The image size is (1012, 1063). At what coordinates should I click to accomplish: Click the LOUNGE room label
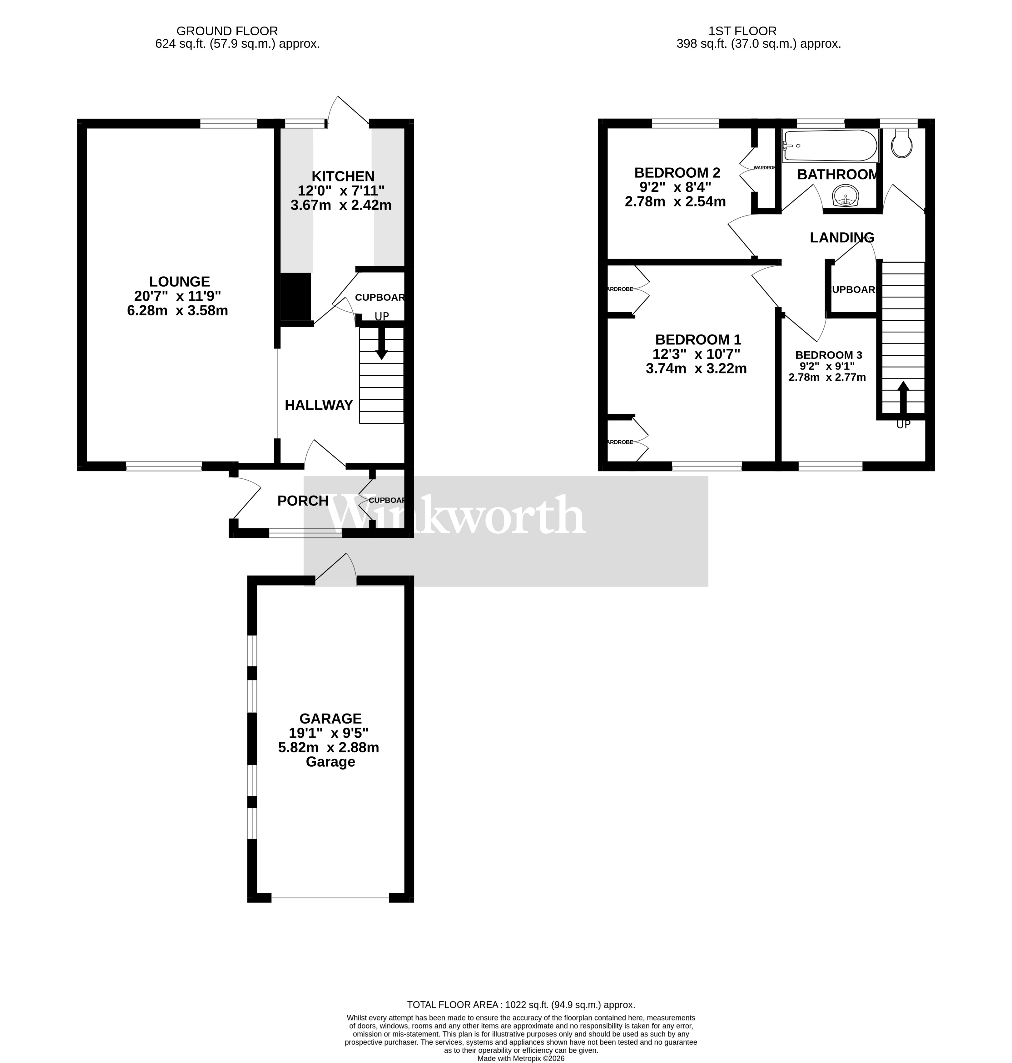point(180,282)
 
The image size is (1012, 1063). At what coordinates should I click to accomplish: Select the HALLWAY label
point(319,405)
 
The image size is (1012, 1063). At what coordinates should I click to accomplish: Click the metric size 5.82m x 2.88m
point(329,748)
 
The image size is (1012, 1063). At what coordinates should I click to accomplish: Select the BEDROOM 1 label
point(698,340)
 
